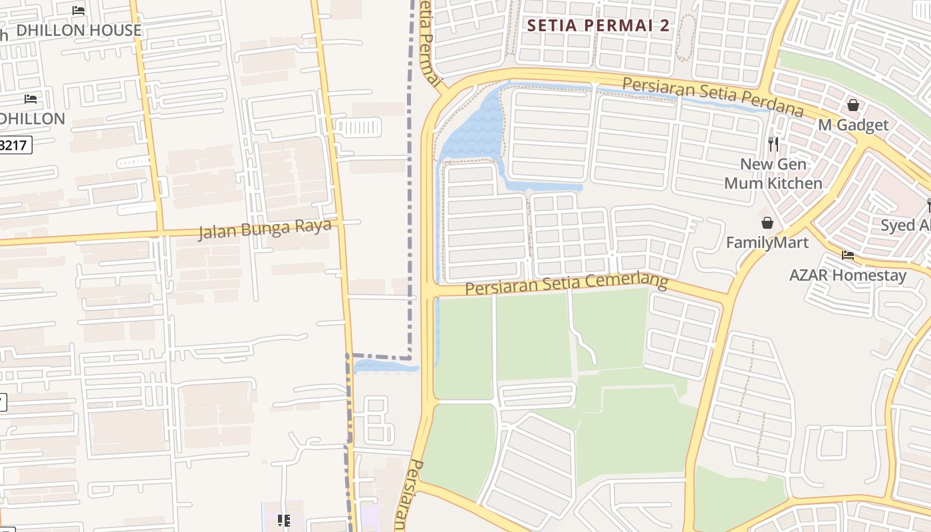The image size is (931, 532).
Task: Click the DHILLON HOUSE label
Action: (78, 30)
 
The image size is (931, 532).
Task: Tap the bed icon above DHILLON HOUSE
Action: (78, 11)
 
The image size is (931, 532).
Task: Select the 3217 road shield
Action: (15, 145)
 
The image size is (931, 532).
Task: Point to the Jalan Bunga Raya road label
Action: (265, 228)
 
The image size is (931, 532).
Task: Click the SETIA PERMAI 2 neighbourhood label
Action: (598, 26)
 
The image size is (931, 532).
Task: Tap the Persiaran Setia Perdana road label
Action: (713, 96)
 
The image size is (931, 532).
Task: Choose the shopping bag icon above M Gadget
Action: (853, 105)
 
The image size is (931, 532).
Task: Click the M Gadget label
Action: (853, 125)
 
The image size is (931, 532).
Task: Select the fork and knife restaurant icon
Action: (773, 144)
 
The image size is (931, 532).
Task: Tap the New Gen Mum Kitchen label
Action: (773, 174)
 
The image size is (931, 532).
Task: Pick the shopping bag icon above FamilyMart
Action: (767, 222)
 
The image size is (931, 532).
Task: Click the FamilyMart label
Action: (767, 242)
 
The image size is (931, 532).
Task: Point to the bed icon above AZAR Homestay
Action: (847, 255)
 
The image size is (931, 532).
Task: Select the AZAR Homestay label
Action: (847, 275)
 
